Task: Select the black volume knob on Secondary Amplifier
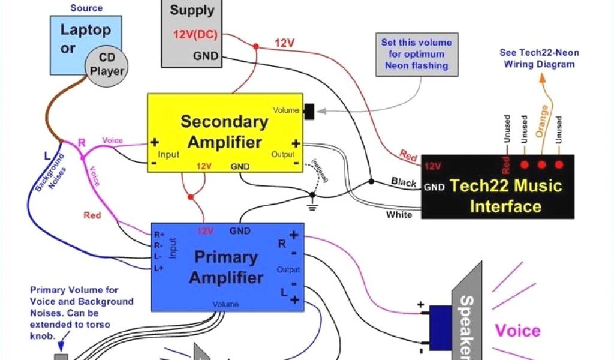click(309, 111)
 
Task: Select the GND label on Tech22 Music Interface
click(434, 187)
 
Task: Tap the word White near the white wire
click(399, 214)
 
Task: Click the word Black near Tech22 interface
click(404, 182)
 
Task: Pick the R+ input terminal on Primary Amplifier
click(159, 235)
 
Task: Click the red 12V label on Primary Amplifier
click(204, 231)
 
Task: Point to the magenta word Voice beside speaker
click(517, 331)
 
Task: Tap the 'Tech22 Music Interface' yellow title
click(506, 196)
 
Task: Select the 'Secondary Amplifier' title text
click(224, 131)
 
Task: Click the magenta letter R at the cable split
click(82, 143)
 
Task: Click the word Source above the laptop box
click(86, 8)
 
